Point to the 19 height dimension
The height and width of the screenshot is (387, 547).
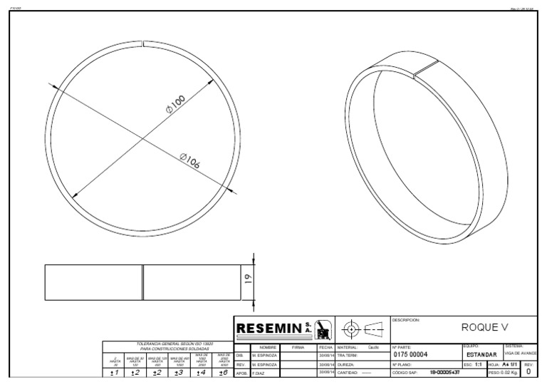[x=247, y=280]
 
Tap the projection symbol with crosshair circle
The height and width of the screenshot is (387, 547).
[x=350, y=329]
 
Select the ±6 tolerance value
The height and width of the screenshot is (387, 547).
[x=223, y=372]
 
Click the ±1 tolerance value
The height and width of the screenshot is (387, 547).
[x=115, y=372]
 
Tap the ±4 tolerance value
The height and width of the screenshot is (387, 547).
[x=202, y=372]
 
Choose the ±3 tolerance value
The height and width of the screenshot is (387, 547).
[x=179, y=372]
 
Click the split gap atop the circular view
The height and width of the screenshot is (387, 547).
[x=143, y=46]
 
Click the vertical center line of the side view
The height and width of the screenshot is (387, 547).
[x=142, y=282]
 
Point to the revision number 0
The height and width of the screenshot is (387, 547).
[x=528, y=371]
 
